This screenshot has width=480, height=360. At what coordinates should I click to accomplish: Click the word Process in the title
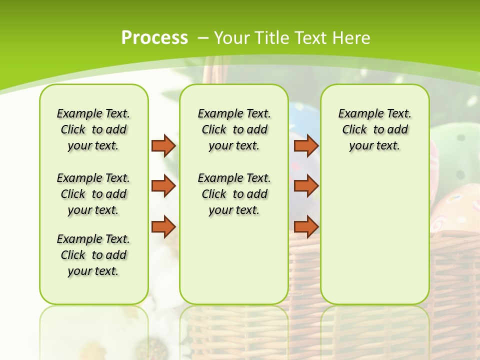click(154, 37)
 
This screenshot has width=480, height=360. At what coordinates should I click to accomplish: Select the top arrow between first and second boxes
click(163, 145)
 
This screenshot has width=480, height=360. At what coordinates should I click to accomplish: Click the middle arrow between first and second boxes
click(163, 186)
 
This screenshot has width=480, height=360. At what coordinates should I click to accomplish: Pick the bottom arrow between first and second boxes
click(163, 226)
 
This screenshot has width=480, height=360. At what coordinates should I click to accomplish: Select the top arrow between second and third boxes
click(306, 145)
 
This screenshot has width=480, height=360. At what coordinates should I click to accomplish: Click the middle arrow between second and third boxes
click(306, 186)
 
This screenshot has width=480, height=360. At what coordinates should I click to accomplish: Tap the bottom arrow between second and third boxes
click(306, 226)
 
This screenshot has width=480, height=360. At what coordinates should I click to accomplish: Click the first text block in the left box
click(93, 129)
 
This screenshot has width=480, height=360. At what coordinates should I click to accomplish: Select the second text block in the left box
click(93, 194)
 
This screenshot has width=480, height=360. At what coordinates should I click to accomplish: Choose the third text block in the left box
click(93, 255)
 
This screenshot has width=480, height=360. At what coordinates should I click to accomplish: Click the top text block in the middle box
click(234, 129)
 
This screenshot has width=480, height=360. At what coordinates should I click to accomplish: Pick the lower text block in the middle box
click(234, 194)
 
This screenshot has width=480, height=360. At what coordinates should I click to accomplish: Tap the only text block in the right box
click(375, 129)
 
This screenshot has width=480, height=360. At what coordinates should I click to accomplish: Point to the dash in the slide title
click(203, 38)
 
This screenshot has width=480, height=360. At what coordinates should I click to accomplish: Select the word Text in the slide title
click(310, 38)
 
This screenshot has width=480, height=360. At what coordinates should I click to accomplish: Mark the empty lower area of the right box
click(375, 235)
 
